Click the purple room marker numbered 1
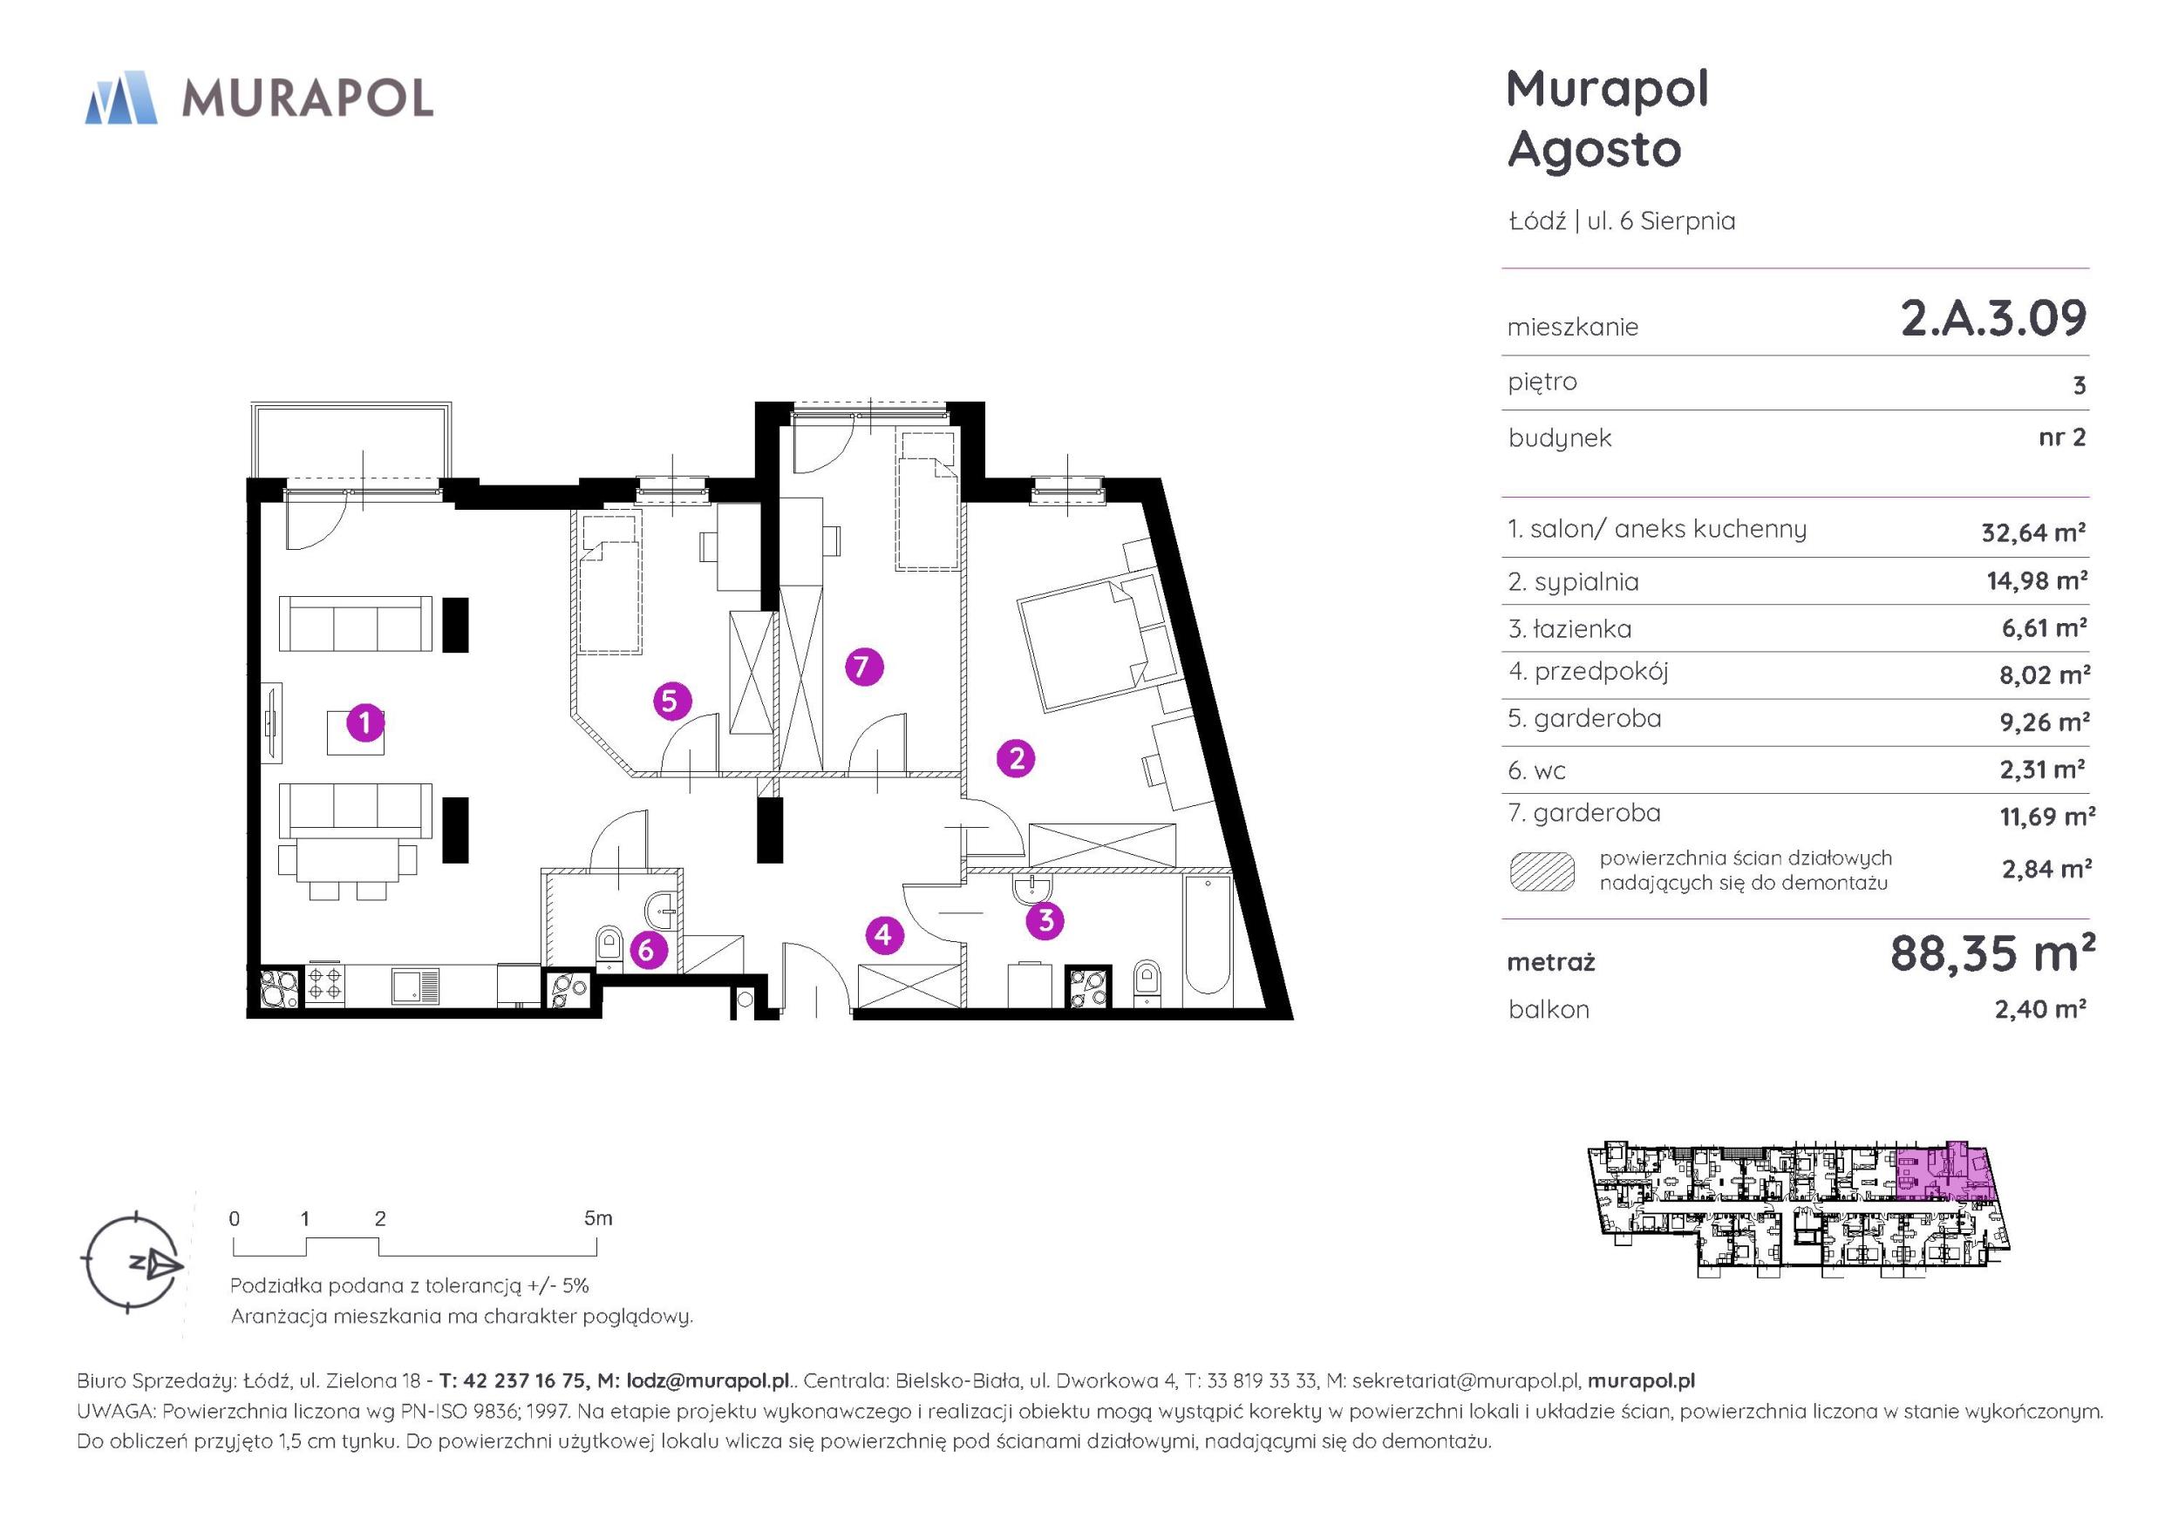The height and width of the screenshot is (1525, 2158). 364,723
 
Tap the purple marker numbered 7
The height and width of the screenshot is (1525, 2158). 864,668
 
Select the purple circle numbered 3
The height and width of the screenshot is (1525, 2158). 1045,921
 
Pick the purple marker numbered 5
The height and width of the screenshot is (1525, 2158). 672,701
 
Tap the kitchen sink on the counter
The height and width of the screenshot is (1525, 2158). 415,986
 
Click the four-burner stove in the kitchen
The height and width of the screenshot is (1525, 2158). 325,986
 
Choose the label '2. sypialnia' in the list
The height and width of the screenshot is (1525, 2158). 1574,581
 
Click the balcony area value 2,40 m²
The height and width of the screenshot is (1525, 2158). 2040,1008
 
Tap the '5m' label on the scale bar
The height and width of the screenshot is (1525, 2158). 598,1218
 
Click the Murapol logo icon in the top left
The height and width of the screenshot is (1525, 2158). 121,97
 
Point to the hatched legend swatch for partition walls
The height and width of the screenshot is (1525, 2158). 1542,871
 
